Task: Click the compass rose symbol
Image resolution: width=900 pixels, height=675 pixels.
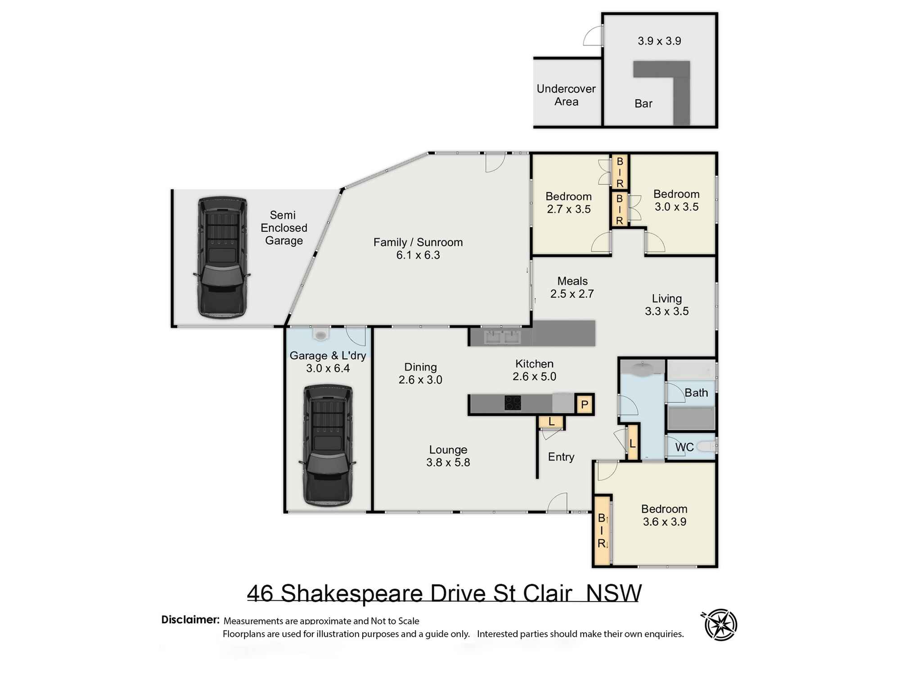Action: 720,625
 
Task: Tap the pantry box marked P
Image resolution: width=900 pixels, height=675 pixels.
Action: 584,404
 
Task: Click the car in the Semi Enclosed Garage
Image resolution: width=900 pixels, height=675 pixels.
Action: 222,257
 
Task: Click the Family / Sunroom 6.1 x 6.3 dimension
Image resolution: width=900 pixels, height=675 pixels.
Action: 418,255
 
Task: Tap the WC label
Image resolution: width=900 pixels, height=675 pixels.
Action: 684,447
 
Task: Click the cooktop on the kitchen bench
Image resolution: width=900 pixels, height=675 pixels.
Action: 513,403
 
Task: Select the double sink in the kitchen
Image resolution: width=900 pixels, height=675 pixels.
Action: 502,337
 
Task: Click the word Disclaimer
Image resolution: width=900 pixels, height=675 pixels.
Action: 190,620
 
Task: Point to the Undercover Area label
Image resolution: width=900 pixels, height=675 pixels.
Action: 566,95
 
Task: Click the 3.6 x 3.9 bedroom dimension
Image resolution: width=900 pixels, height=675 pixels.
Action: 664,522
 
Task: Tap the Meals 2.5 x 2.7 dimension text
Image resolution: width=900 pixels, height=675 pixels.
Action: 572,294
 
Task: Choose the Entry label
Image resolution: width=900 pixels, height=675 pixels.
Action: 561,457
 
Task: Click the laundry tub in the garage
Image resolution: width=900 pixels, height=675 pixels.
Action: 320,334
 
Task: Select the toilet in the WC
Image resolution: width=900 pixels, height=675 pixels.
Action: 706,446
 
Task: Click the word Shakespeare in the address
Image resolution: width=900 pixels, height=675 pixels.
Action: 351,593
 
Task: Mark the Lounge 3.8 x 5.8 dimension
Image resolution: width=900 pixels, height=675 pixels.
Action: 448,463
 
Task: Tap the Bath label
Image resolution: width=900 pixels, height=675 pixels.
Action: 696,393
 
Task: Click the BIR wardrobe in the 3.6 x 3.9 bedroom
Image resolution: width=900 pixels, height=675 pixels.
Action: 602,531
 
